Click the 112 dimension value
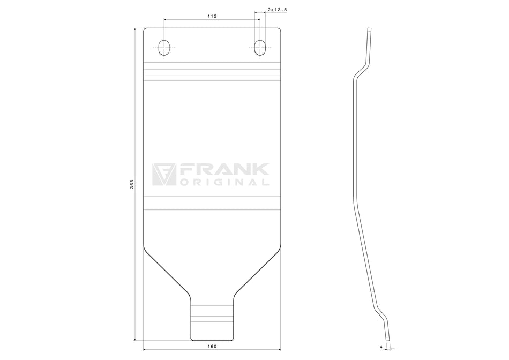212,16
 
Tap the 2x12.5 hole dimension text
277,10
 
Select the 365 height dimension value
132,184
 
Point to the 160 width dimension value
212,347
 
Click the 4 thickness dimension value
381,347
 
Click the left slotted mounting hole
164,48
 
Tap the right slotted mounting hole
260,48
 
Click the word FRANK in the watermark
224,169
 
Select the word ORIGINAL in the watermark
224,182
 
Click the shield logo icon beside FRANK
164,174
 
